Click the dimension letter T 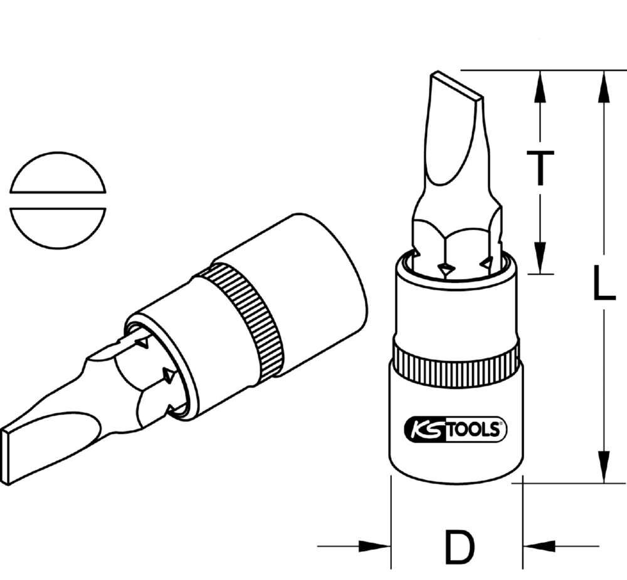[x=539, y=169]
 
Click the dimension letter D [x=458, y=546]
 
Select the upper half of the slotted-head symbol [x=58, y=173]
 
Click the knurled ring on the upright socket [x=456, y=360]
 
